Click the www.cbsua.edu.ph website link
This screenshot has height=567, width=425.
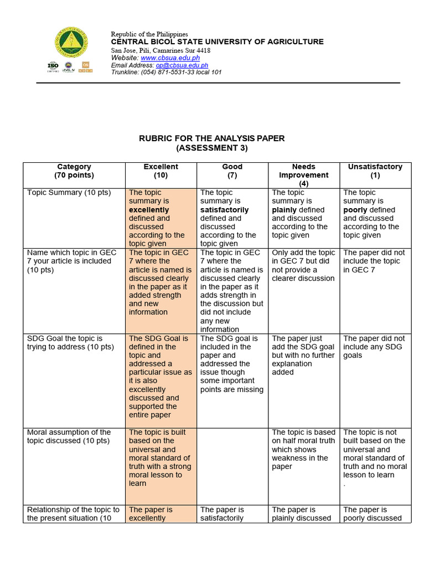pos(170,58)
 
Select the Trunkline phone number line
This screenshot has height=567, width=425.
pos(166,72)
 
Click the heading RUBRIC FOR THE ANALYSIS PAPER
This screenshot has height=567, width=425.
pos(212,138)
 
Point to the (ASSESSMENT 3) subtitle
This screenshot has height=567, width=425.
pos(212,148)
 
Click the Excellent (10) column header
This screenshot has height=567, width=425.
pos(161,171)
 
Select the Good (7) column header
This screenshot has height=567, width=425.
pos(232,171)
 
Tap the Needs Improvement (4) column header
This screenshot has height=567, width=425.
pos(303,174)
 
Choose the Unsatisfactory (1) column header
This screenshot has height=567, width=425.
pos(375,171)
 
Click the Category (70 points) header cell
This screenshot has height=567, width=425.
pos(74,171)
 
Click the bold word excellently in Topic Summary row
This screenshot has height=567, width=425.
pos(149,210)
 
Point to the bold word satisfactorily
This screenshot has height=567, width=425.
pos(224,210)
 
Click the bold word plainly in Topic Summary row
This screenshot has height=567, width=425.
pos(283,210)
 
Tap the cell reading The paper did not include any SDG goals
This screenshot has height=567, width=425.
pos(374,347)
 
